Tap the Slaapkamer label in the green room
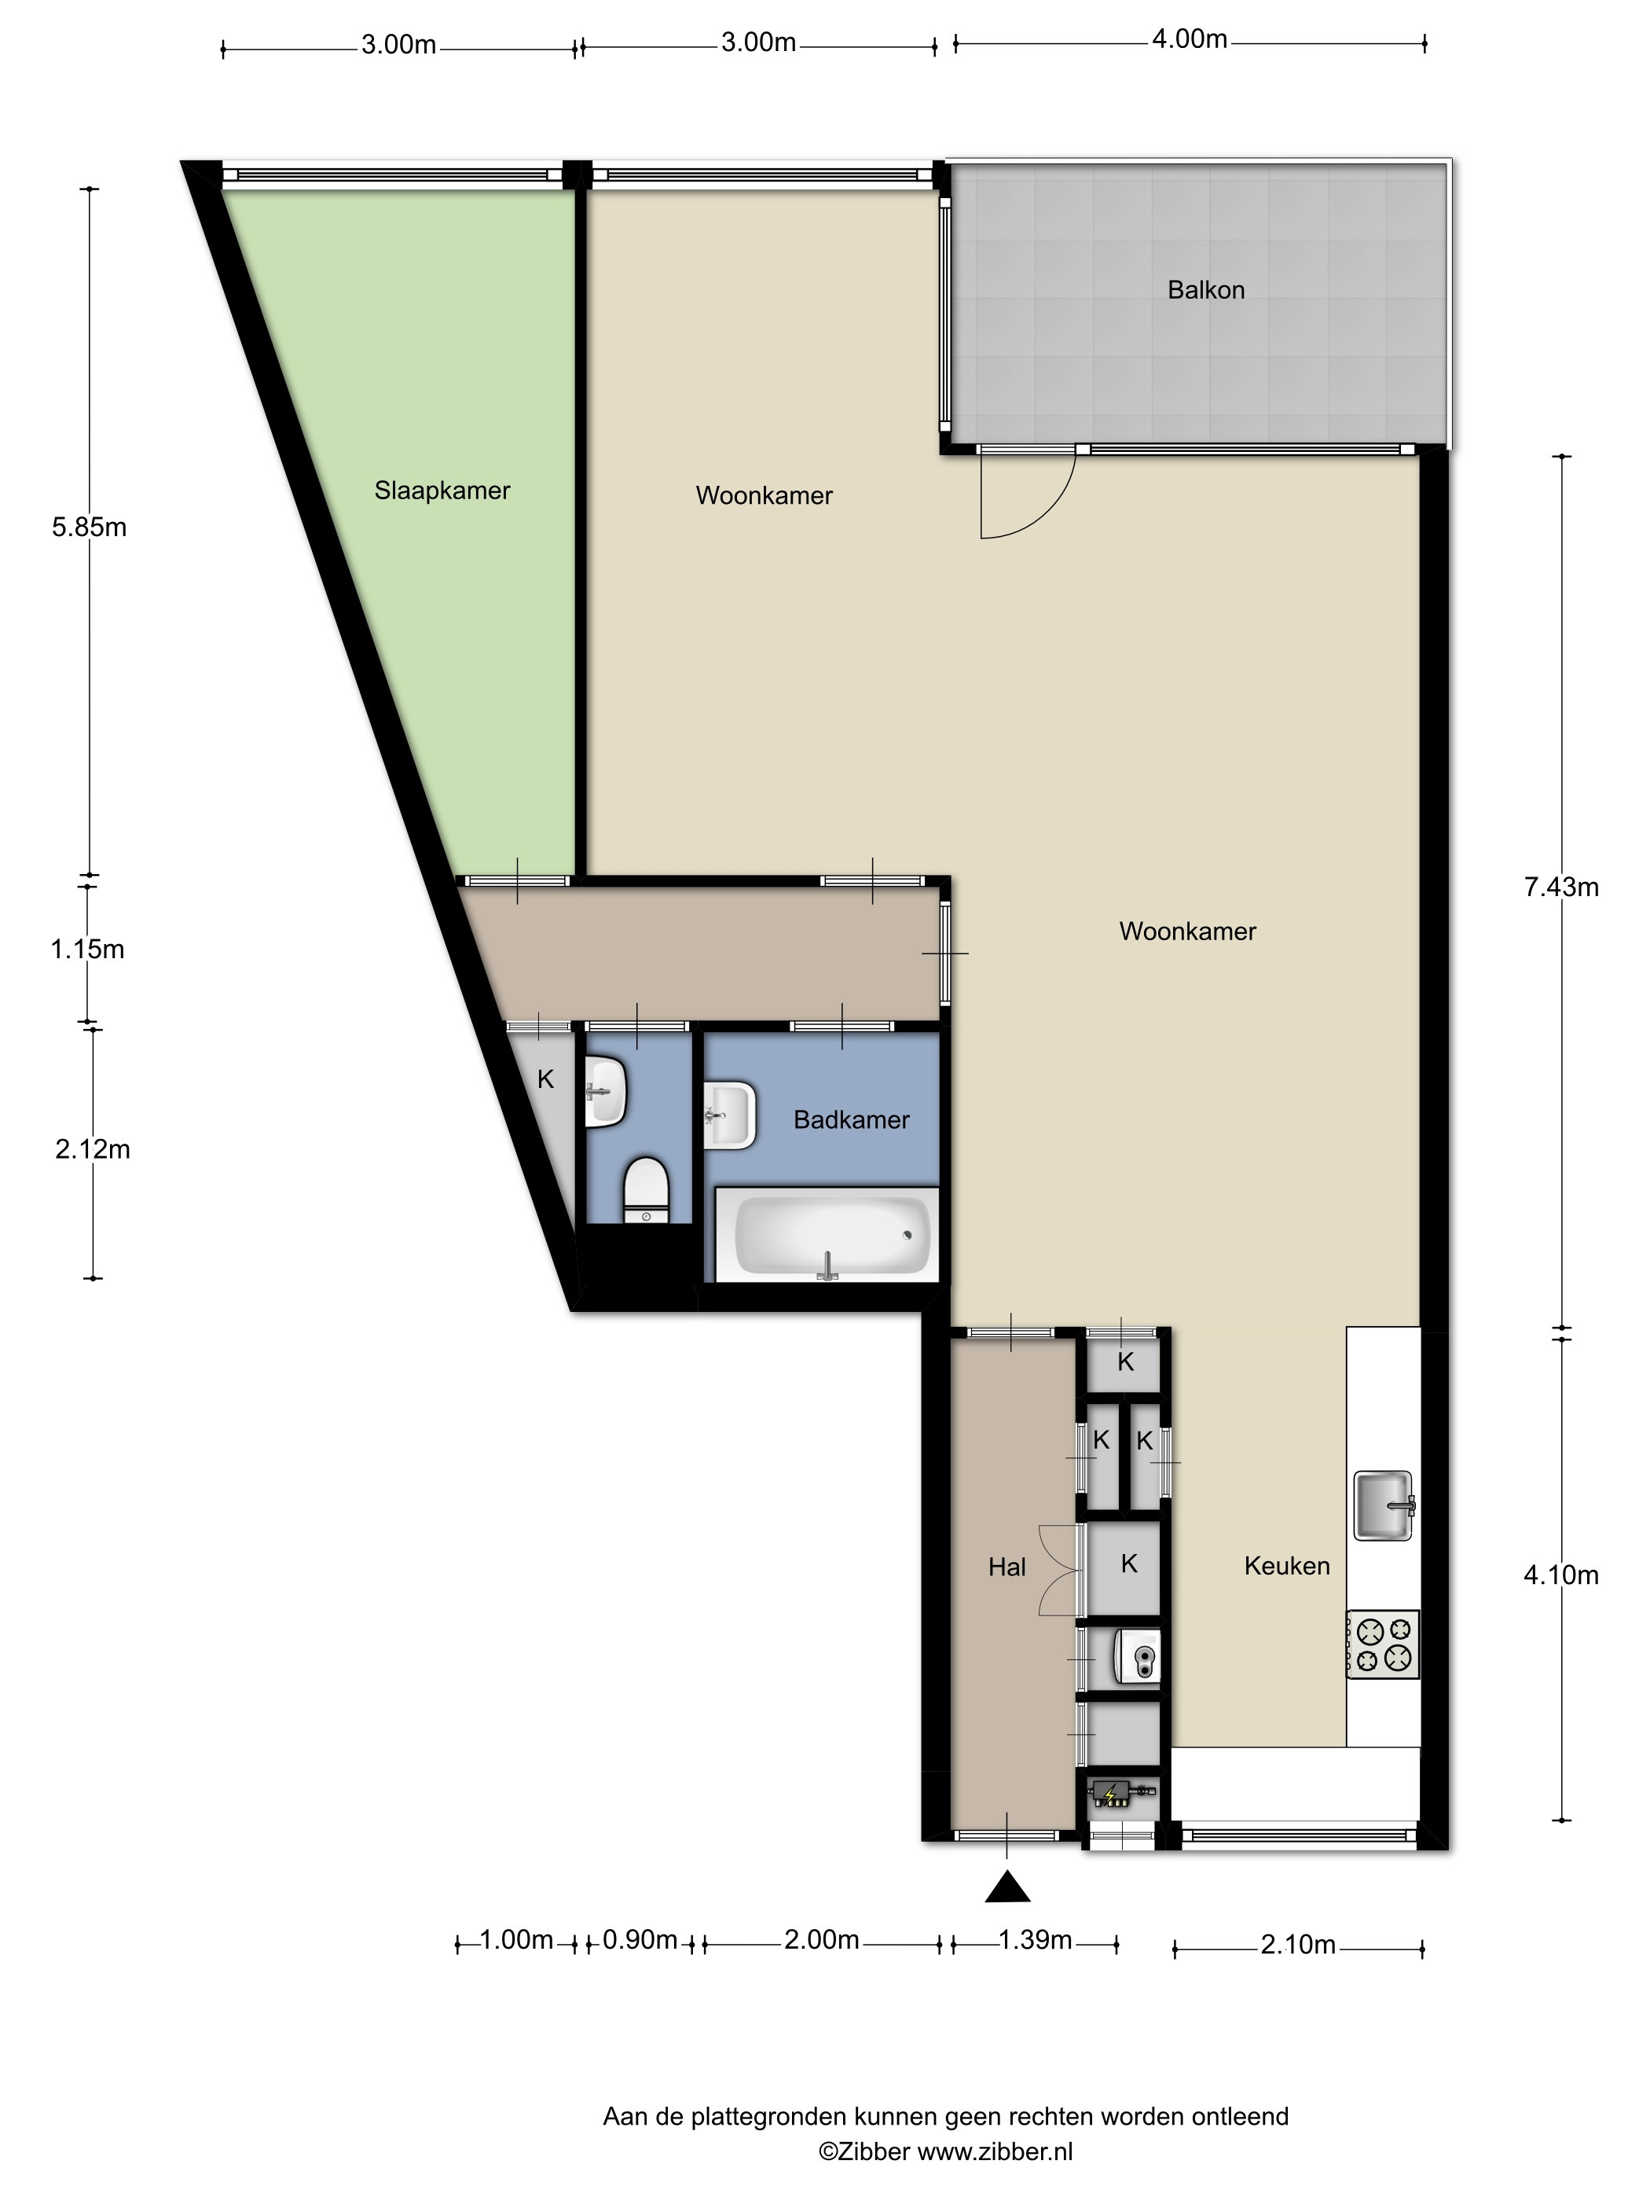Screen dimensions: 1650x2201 442,491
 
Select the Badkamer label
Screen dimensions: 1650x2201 852,1119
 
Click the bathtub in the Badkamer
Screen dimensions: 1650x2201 827,1235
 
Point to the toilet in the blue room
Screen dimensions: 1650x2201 647,1190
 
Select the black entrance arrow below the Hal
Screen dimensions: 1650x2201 1006,1887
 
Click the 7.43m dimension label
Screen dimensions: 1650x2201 1560,887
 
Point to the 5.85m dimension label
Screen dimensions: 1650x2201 90,527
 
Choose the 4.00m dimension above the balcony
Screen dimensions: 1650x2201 1190,40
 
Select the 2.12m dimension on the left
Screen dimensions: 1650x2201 93,1149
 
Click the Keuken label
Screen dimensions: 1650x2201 1287,1566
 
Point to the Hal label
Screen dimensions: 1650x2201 1006,1567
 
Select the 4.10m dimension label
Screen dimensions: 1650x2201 1560,1575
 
